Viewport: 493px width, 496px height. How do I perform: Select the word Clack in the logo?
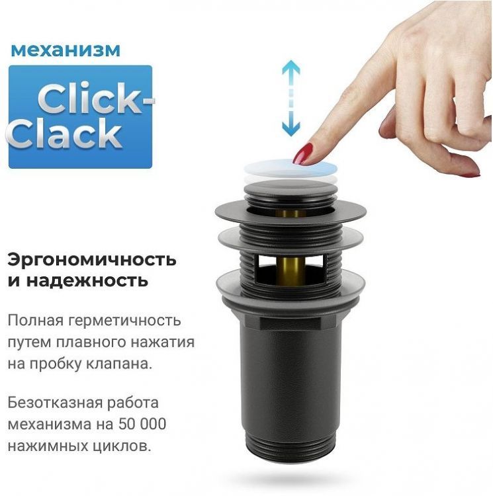[x=66, y=134]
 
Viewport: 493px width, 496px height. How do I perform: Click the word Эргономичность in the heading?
[x=92, y=257]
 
